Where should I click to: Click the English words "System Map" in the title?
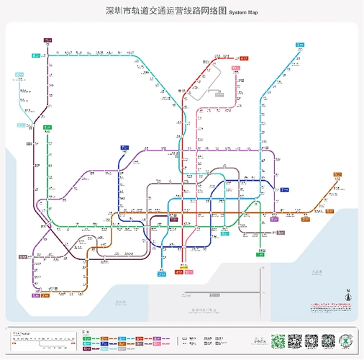pos(243,12)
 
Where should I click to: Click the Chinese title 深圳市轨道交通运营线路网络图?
pos(166,12)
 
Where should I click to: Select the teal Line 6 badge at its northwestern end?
pos(35,55)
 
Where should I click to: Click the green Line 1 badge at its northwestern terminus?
pos(47,127)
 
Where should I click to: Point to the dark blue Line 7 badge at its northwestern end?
pos(124,148)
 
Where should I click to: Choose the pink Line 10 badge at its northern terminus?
pos(235,68)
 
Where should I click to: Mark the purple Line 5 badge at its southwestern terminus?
pos(35,295)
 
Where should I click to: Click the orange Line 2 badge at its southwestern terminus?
pos(45,295)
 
